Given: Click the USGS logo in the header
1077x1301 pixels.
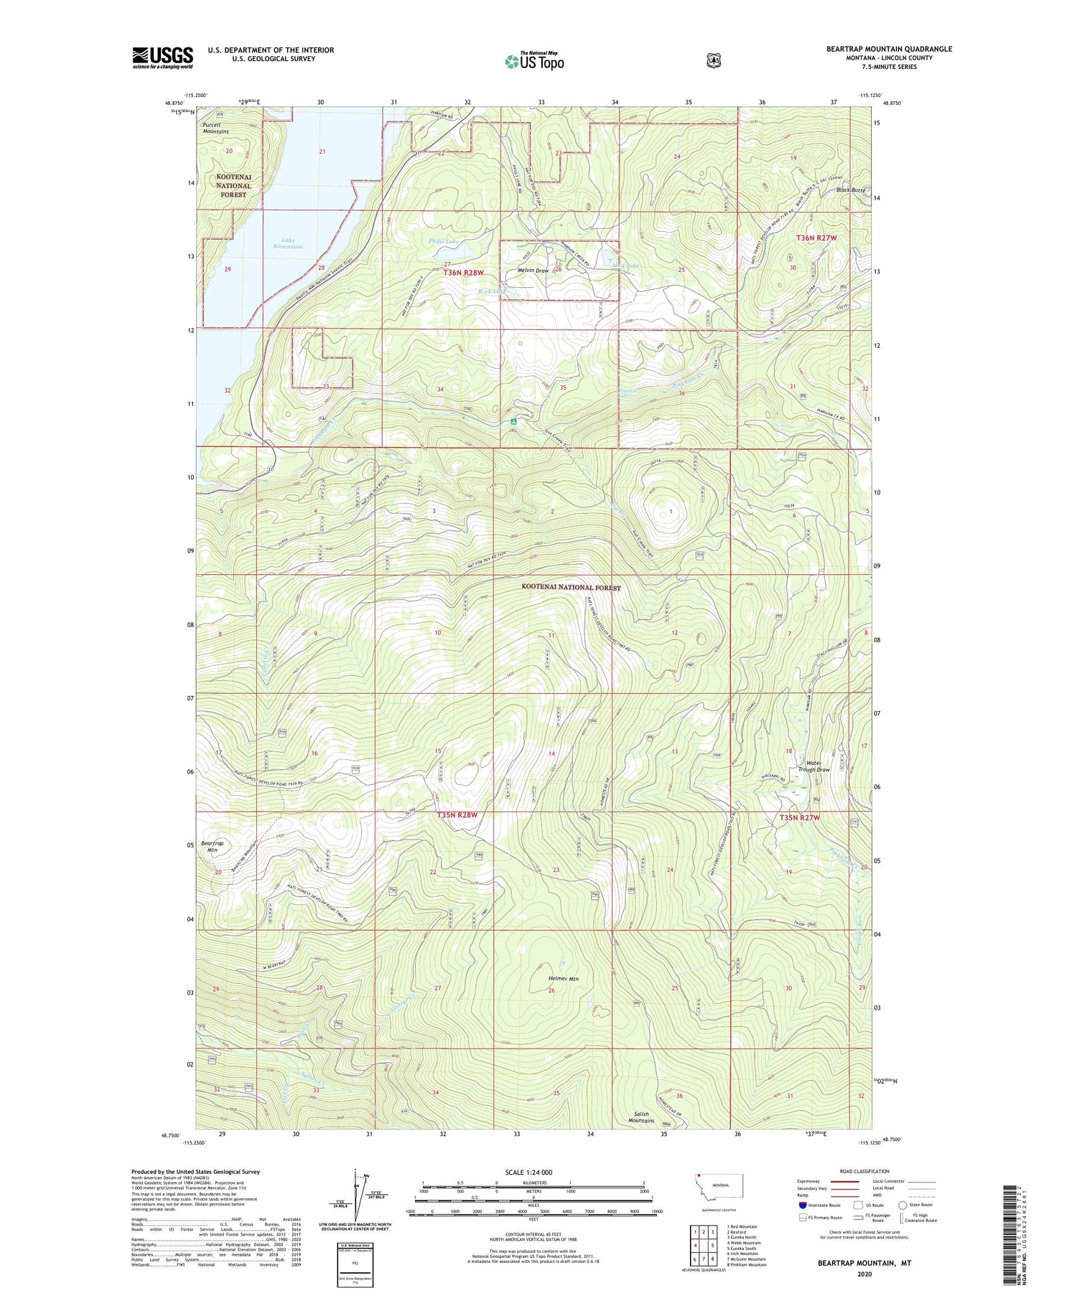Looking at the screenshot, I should click(162, 57).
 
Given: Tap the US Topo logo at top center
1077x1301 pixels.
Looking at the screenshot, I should click(534, 61).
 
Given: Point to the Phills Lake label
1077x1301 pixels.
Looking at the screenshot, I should click(444, 242).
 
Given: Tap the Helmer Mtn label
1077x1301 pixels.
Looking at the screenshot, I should click(563, 979).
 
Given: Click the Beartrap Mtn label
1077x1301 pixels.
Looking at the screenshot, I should click(212, 846).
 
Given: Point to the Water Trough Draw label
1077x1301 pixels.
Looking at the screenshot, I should click(813, 765).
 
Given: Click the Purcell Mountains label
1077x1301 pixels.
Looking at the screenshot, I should click(215, 128).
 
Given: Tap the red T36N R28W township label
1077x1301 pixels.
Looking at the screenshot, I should click(464, 273).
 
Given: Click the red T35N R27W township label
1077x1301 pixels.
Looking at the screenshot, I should click(800, 817).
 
